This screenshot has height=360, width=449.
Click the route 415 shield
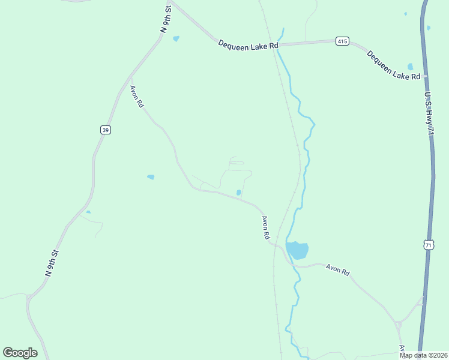pos(342,41)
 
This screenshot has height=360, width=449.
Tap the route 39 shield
pos(105,130)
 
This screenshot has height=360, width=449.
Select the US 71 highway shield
pos(428,245)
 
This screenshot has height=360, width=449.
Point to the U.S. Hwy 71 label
pos(429,113)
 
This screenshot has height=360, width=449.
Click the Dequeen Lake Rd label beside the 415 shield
pos(249,45)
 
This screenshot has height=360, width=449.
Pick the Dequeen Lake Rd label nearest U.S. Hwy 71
pos(393,65)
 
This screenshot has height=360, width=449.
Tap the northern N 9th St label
pos(166,19)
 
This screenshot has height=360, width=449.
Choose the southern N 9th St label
pos(52,263)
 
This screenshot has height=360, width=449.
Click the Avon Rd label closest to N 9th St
pos(137,96)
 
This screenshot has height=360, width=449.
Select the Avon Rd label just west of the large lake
pos(265,227)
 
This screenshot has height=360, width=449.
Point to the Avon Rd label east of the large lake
pos(337,270)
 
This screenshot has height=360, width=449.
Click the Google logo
pos(20,353)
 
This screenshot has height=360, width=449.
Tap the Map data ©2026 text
pos(423,355)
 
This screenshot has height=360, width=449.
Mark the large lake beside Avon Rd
pos(297,250)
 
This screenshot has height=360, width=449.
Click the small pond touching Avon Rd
pos(239,193)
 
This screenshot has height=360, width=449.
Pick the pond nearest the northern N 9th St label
pos(176,39)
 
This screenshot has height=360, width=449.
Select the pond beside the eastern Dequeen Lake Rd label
pos(411,67)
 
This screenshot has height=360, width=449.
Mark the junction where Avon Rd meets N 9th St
pos(130,78)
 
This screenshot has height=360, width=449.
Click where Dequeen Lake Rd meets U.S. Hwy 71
pos(424,76)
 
